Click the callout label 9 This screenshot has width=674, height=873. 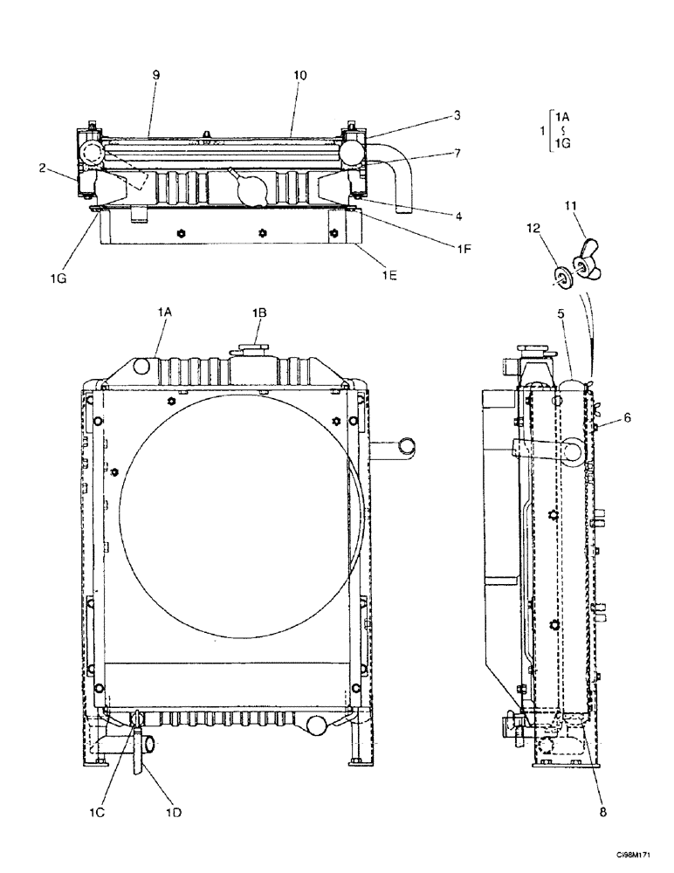click(x=155, y=76)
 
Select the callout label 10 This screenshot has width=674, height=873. click(x=299, y=76)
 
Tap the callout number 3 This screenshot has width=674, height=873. click(x=457, y=114)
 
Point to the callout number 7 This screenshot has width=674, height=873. click(x=457, y=155)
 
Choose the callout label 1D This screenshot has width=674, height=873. click(x=174, y=812)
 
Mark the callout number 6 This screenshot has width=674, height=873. click(x=627, y=420)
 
